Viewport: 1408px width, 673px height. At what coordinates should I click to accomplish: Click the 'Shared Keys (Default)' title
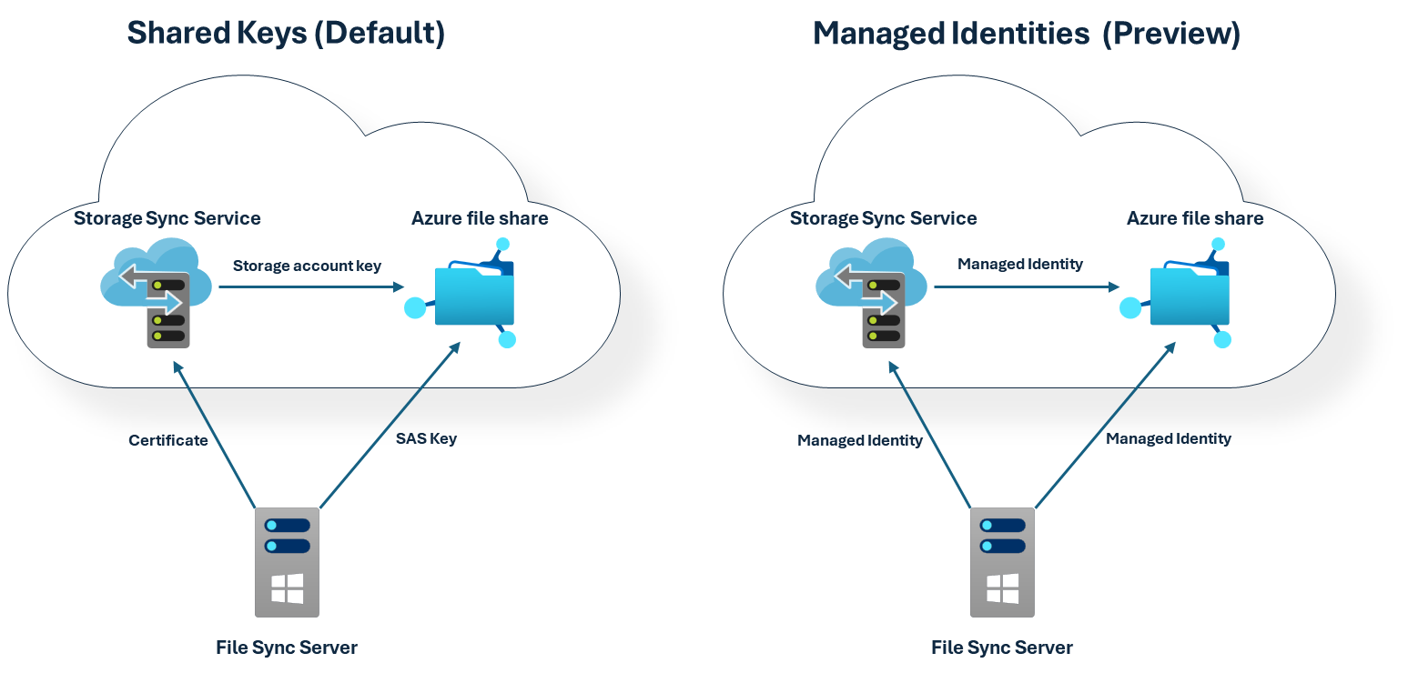point(286,33)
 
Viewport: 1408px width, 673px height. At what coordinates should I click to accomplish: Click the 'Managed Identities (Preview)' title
point(1026,34)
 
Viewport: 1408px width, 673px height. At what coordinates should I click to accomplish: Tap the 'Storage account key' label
point(307,266)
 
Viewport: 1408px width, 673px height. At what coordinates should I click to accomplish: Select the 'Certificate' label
point(168,440)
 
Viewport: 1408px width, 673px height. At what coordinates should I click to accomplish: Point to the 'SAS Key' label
point(426,438)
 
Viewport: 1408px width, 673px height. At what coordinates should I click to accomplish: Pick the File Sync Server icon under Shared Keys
point(287,561)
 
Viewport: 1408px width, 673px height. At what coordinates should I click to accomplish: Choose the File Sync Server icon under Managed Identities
point(1002,561)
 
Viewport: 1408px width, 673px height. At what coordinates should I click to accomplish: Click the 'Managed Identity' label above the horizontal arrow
point(1020,264)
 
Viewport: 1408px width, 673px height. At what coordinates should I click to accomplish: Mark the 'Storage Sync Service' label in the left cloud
point(167,218)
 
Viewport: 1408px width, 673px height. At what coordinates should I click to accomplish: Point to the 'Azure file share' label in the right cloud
point(1195,218)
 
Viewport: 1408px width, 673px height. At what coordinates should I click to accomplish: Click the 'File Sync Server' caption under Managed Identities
point(1002,648)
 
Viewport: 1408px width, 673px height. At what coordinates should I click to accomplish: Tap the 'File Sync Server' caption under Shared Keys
point(287,648)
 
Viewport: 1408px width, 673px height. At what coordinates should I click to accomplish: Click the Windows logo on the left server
point(287,588)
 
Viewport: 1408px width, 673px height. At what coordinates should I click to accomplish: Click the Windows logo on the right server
point(1002,588)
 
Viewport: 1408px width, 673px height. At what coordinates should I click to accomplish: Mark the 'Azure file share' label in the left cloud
point(480,218)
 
